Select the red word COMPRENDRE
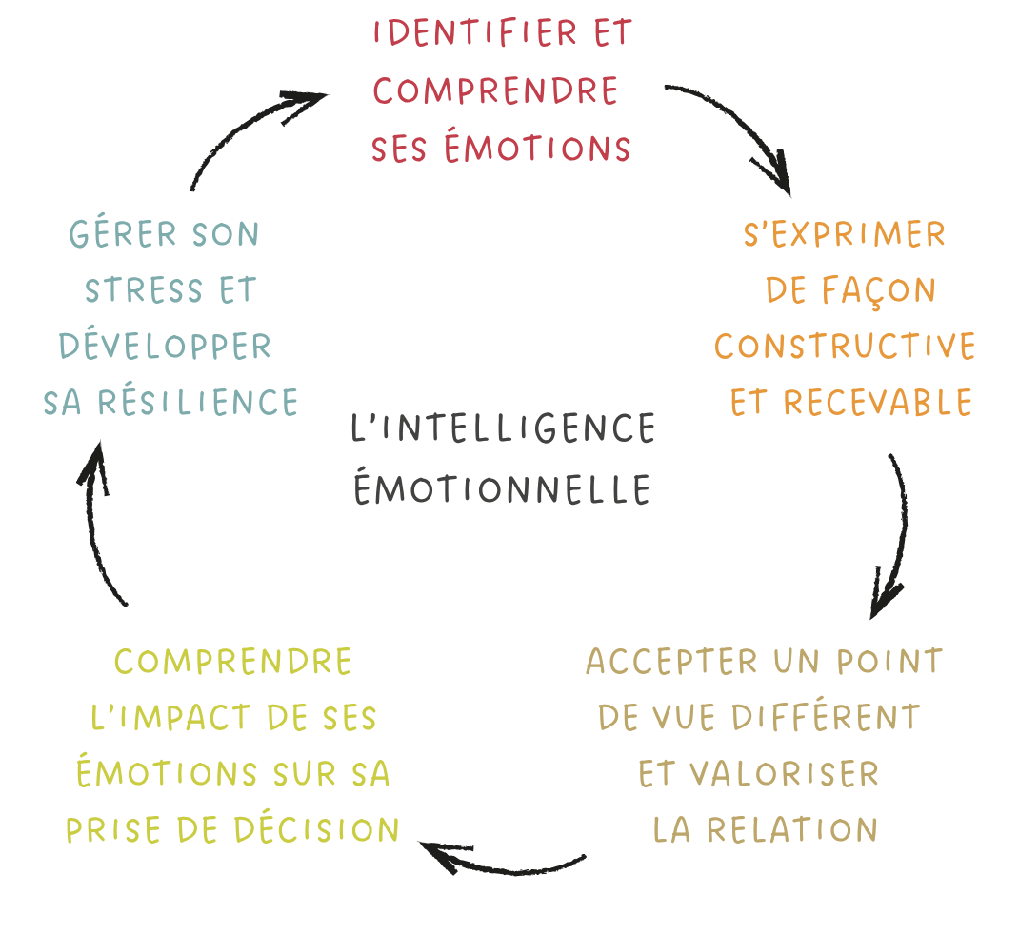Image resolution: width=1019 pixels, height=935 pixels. click(495, 91)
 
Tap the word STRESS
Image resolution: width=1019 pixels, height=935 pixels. click(144, 290)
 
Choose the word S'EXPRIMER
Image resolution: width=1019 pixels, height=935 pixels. click(844, 234)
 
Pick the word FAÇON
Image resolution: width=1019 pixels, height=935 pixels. click(879, 291)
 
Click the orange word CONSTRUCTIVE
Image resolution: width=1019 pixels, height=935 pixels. click(845, 347)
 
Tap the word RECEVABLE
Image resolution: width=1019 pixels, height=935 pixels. click(878, 402)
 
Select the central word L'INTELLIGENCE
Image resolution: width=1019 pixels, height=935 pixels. click(503, 428)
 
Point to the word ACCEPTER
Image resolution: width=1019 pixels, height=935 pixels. click(671, 662)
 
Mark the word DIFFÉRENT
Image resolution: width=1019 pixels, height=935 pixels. click(826, 716)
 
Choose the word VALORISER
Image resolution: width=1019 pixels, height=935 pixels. click(784, 774)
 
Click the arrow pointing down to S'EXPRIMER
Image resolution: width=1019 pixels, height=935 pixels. click(741, 124)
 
